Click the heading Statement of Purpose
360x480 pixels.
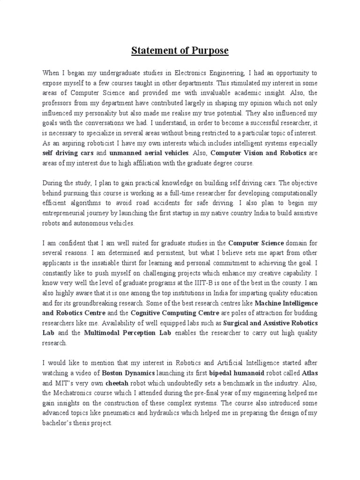pyautogui.click(x=180, y=50)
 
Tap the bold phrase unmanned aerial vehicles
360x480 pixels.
pyautogui.click(x=149, y=153)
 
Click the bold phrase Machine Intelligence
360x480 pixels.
pyautogui.click(x=284, y=303)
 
